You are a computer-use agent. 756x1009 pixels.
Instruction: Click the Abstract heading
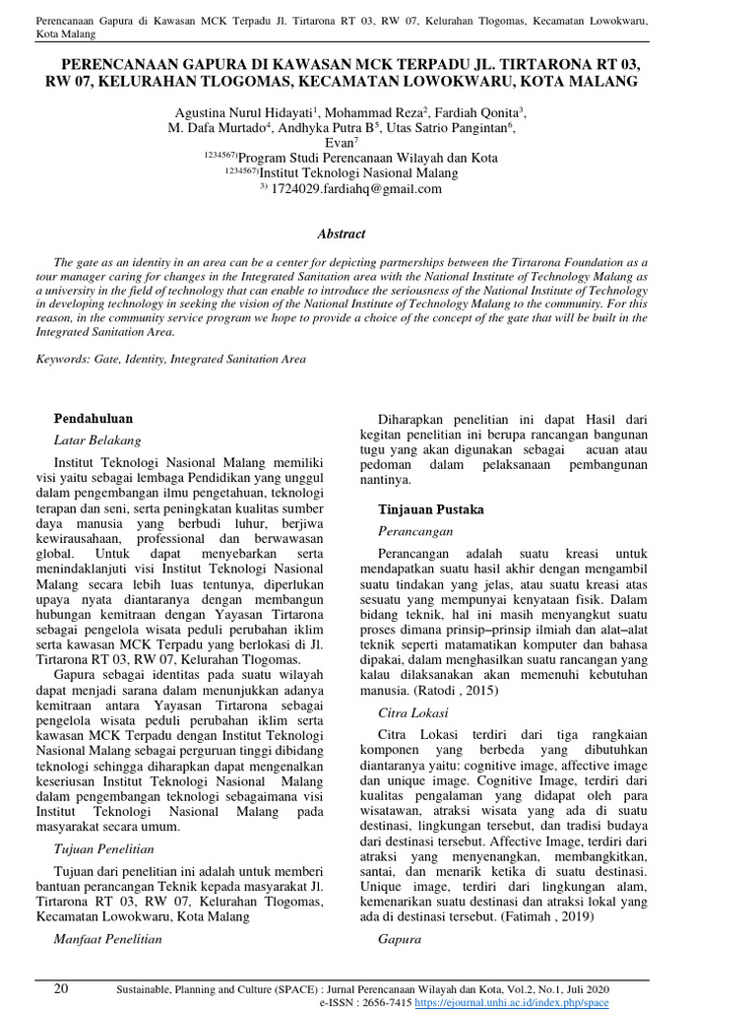point(341,235)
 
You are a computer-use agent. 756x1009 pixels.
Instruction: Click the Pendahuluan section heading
point(93,418)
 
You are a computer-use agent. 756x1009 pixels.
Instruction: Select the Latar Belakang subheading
point(96,439)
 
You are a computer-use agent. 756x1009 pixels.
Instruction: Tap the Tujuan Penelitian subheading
point(103,848)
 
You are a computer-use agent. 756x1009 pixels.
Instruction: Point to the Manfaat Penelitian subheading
point(107,939)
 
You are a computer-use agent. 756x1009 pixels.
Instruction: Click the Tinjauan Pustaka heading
point(431,509)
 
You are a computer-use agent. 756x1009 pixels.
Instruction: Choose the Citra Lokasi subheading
point(412,711)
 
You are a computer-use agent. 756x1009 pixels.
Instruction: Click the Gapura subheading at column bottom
point(400,939)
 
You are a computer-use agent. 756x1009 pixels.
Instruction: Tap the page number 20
point(61,988)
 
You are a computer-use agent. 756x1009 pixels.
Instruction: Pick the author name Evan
point(338,143)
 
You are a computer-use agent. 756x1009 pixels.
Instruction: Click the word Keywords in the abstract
point(62,360)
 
